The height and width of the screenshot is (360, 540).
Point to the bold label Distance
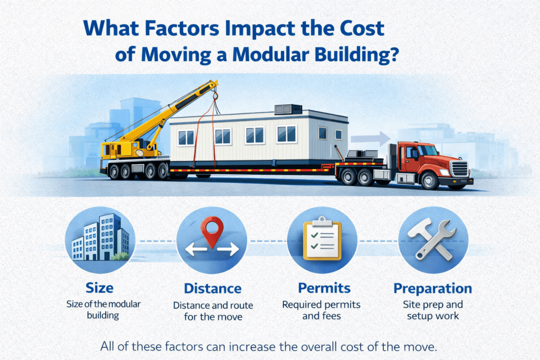pos(213,289)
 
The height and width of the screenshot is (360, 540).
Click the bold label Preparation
pos(432,289)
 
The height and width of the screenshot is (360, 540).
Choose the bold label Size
pos(99,289)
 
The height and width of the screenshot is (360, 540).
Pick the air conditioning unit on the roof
pos(288,109)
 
